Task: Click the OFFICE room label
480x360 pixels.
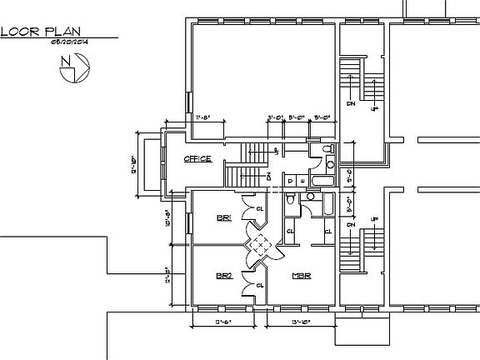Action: pos(197,159)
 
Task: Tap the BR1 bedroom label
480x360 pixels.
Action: pos(223,218)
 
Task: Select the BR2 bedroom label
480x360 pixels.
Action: pos(223,276)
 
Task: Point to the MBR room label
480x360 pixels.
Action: pos(301,276)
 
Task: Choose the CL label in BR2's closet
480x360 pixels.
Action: pos(260,284)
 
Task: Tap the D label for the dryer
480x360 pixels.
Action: pos(289,179)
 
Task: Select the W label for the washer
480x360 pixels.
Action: pos(299,179)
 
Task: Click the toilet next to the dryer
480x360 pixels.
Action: pos(288,200)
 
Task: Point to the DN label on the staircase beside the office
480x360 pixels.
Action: pos(268,177)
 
